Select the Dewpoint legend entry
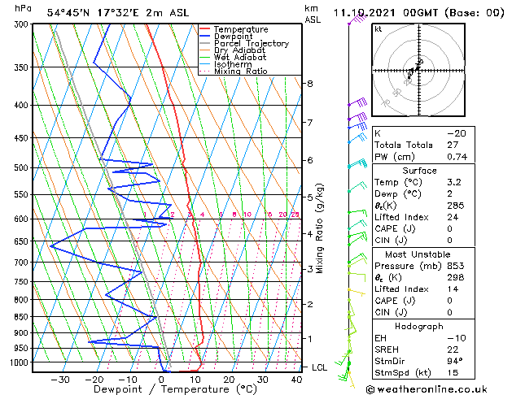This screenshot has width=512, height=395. (236, 37)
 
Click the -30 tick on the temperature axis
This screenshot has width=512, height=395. (59, 380)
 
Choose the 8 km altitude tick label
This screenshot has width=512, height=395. (309, 84)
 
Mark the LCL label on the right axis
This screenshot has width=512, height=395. (319, 367)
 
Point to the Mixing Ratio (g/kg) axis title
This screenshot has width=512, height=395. (320, 228)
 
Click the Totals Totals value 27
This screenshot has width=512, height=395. (453, 145)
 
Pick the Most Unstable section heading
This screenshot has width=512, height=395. (419, 254)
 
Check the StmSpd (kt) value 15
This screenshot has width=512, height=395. (453, 373)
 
